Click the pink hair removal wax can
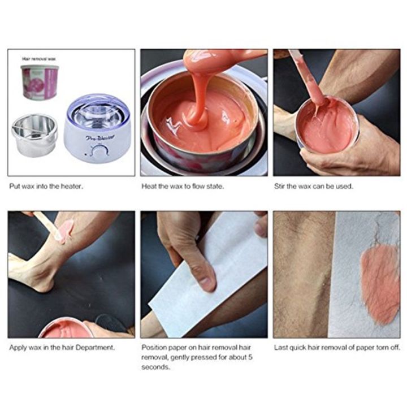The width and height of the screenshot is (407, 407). click(40, 83)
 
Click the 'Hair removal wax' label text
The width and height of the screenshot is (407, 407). click(39, 58)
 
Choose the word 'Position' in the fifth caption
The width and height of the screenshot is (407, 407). click(153, 347)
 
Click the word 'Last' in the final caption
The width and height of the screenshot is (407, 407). click(281, 347)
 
